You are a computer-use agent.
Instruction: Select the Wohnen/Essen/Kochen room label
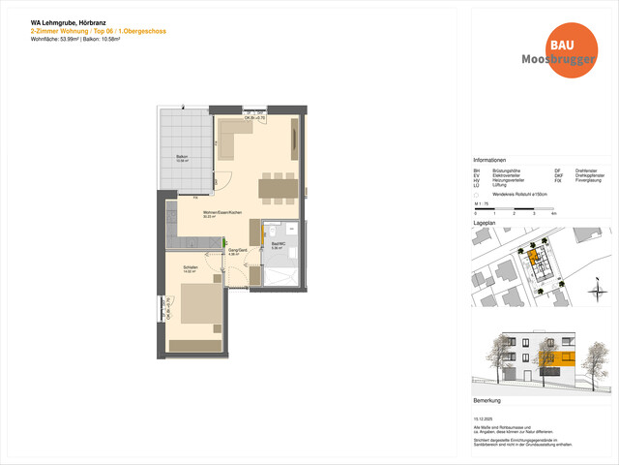click(215, 214)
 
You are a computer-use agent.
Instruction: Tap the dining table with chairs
click(278, 187)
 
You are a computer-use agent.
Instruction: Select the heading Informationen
click(489, 160)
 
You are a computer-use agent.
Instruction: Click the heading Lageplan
click(485, 222)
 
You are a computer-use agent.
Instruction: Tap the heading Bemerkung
click(486, 399)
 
